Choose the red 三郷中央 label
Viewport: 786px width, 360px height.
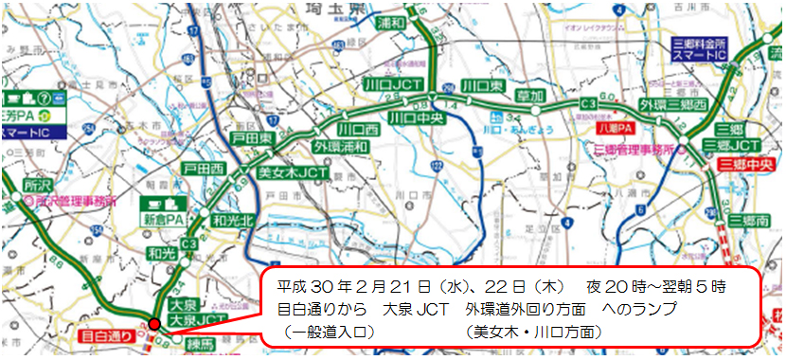[x=745, y=163]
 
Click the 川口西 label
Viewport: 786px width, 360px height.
[x=359, y=128]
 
